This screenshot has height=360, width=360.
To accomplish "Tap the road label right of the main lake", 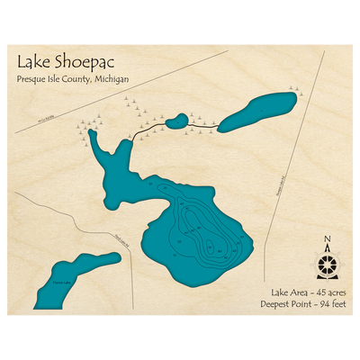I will click(x=276, y=186).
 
